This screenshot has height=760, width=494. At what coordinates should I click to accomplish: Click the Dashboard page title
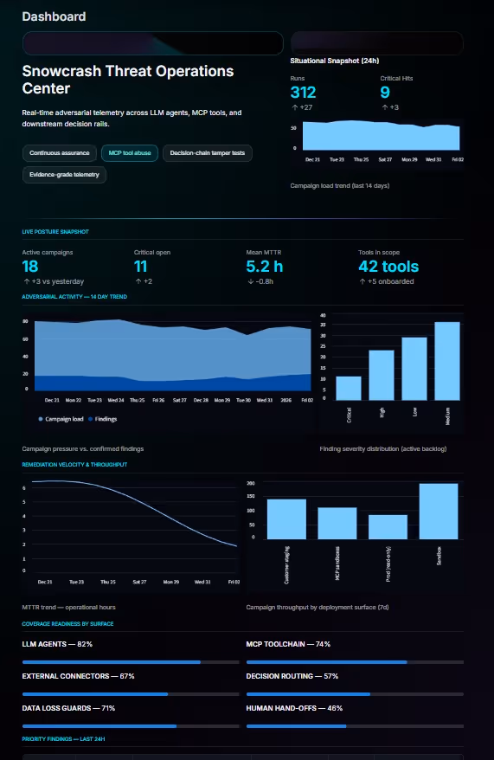(x=53, y=16)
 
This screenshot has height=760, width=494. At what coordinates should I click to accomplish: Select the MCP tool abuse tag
(x=129, y=153)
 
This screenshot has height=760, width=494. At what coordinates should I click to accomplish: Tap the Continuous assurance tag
(x=59, y=153)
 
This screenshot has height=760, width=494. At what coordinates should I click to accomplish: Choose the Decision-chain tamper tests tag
(x=207, y=153)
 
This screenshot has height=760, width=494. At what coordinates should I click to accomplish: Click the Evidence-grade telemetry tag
(x=64, y=174)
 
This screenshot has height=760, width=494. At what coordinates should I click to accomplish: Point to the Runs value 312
(x=304, y=93)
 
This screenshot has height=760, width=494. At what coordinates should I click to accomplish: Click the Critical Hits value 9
(x=385, y=93)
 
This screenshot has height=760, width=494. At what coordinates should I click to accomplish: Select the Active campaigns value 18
(x=30, y=267)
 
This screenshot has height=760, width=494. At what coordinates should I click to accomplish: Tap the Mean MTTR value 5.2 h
(x=264, y=267)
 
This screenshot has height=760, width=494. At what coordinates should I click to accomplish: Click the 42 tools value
(x=388, y=267)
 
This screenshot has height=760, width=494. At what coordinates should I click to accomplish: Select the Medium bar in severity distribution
(x=446, y=359)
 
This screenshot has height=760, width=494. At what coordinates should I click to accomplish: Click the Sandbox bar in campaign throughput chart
(x=439, y=511)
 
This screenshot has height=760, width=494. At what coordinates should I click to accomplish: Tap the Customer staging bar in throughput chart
(x=286, y=518)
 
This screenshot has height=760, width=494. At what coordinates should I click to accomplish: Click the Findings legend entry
(x=103, y=419)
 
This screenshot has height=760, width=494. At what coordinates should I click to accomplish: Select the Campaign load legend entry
(x=61, y=419)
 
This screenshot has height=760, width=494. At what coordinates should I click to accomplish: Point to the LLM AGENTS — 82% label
(x=57, y=645)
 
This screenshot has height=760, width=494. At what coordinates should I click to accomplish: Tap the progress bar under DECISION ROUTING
(x=355, y=694)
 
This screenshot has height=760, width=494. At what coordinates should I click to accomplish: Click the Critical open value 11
(x=141, y=267)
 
